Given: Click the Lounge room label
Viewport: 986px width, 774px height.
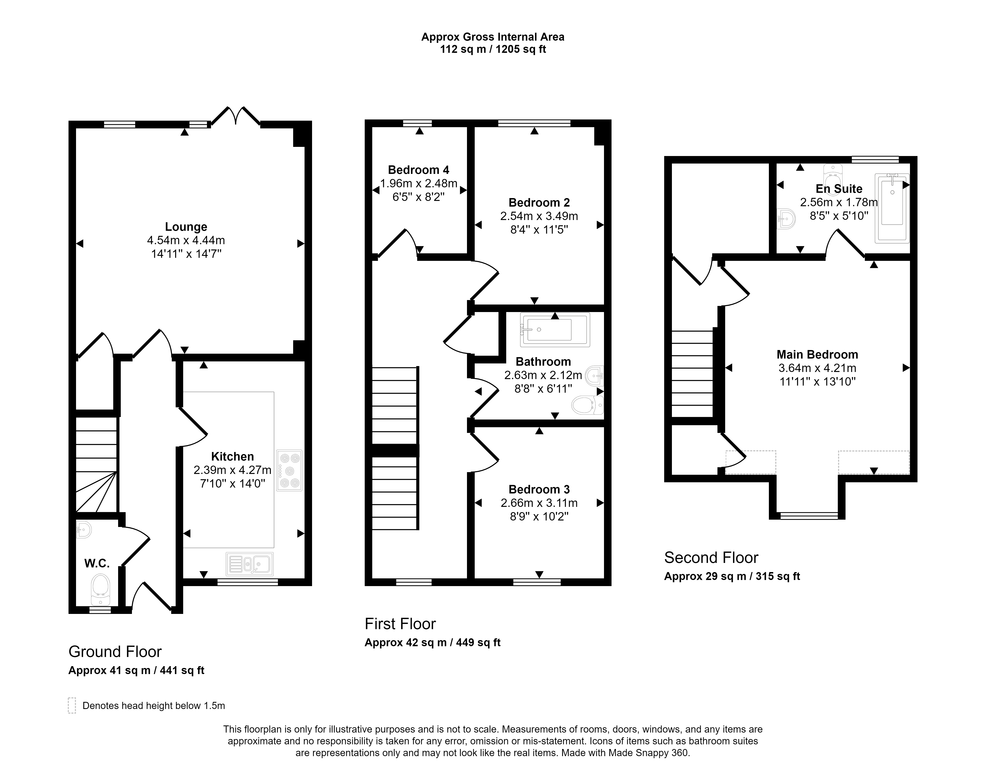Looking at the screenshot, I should [186, 227].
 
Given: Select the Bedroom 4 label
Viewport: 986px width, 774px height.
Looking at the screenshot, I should [418, 170].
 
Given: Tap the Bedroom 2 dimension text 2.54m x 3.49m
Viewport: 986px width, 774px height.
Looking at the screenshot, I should [539, 216].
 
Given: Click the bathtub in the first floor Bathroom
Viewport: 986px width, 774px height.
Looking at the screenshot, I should [555, 330].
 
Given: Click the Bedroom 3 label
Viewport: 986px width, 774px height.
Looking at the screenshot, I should [539, 489].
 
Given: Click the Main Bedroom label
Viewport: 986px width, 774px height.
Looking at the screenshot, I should [817, 354].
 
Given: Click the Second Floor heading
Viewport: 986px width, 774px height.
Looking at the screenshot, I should [711, 557].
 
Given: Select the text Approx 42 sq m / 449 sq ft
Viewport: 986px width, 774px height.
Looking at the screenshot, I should [432, 643].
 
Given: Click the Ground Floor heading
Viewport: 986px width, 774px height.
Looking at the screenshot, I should [115, 652].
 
